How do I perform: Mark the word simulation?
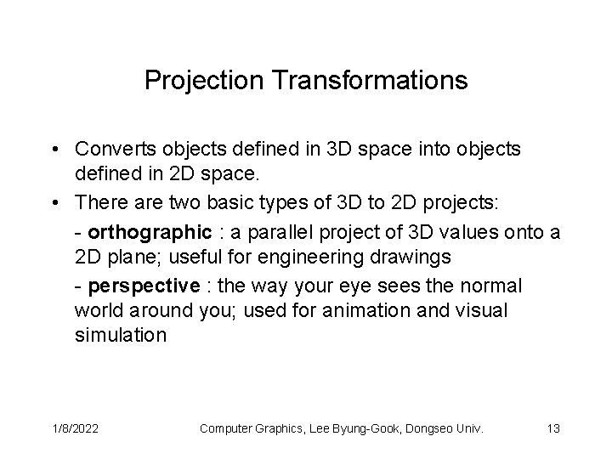point(121,337)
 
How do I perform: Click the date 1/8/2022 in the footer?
point(75,429)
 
